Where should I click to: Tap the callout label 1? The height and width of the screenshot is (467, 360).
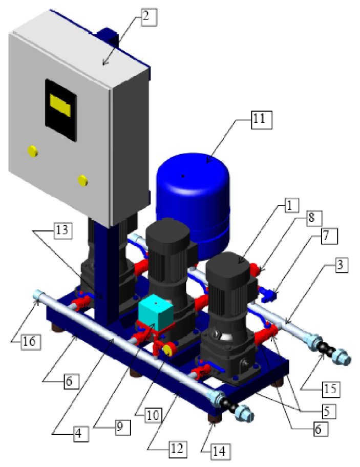coord(289,205)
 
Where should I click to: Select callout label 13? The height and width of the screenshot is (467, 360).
coord(62,230)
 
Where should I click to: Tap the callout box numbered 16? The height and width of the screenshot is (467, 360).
coord(31,341)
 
